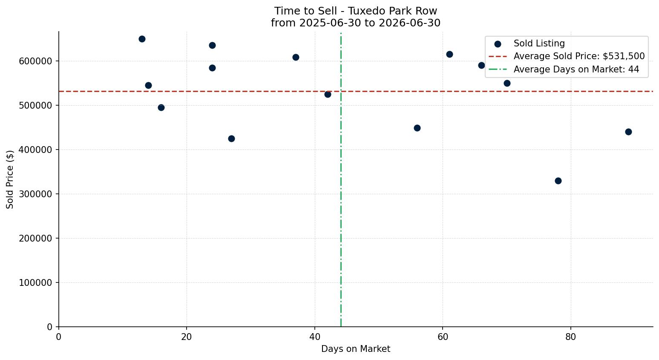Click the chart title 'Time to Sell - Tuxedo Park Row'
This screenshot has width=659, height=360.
pos(356,11)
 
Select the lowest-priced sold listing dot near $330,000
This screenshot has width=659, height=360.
pos(558,181)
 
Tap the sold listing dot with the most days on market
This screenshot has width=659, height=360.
pos(628,132)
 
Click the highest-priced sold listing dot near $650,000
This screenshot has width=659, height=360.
pos(142,39)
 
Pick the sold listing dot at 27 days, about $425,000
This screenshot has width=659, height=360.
pos(232,138)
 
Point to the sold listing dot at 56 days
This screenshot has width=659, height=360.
pos(417,128)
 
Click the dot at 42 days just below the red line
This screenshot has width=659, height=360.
pos(328,95)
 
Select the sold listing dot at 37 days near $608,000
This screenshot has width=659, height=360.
pos(296,58)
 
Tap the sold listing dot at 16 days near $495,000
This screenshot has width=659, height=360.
pos(161,108)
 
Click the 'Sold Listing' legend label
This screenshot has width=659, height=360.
pos(539,43)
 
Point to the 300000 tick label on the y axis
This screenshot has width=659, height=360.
pos(35,194)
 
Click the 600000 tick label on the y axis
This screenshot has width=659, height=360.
pos(35,61)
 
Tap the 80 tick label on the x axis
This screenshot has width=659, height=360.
pos(571,337)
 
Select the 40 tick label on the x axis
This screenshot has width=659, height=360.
pos(315,337)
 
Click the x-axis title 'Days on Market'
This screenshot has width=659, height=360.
pos(356,349)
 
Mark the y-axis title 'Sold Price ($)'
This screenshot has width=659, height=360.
pos(10,179)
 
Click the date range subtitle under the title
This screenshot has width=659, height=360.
pos(356,23)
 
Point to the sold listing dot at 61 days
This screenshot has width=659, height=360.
pos(449,55)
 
